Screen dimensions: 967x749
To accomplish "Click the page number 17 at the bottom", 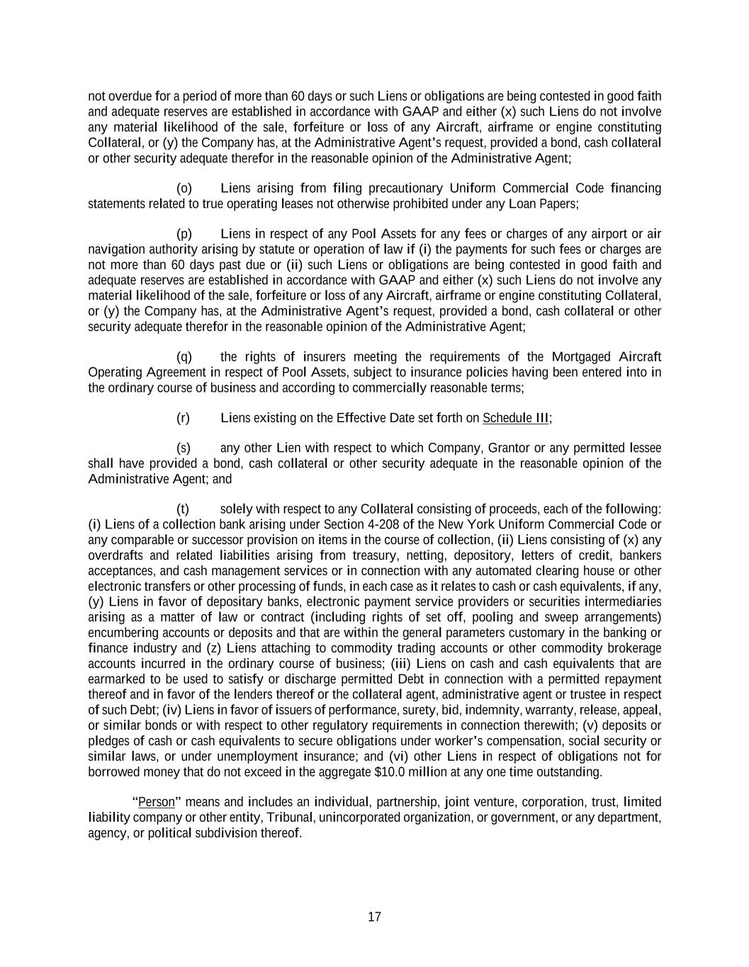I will click(374, 917).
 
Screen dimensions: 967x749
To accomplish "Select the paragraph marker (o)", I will click(184, 188).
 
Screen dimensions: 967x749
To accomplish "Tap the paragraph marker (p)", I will click(184, 234).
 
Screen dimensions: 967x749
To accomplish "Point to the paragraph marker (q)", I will click(184, 357).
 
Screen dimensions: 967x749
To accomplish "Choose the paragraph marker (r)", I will click(183, 418).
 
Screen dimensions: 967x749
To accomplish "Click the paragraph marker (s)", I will click(184, 448).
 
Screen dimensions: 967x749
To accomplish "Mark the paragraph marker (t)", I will click(183, 509).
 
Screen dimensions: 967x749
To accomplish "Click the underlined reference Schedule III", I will click(516, 418).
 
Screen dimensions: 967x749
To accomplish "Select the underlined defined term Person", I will click(157, 803).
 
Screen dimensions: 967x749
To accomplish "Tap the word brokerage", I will click(636, 648).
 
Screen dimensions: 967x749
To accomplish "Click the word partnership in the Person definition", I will click(405, 803).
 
